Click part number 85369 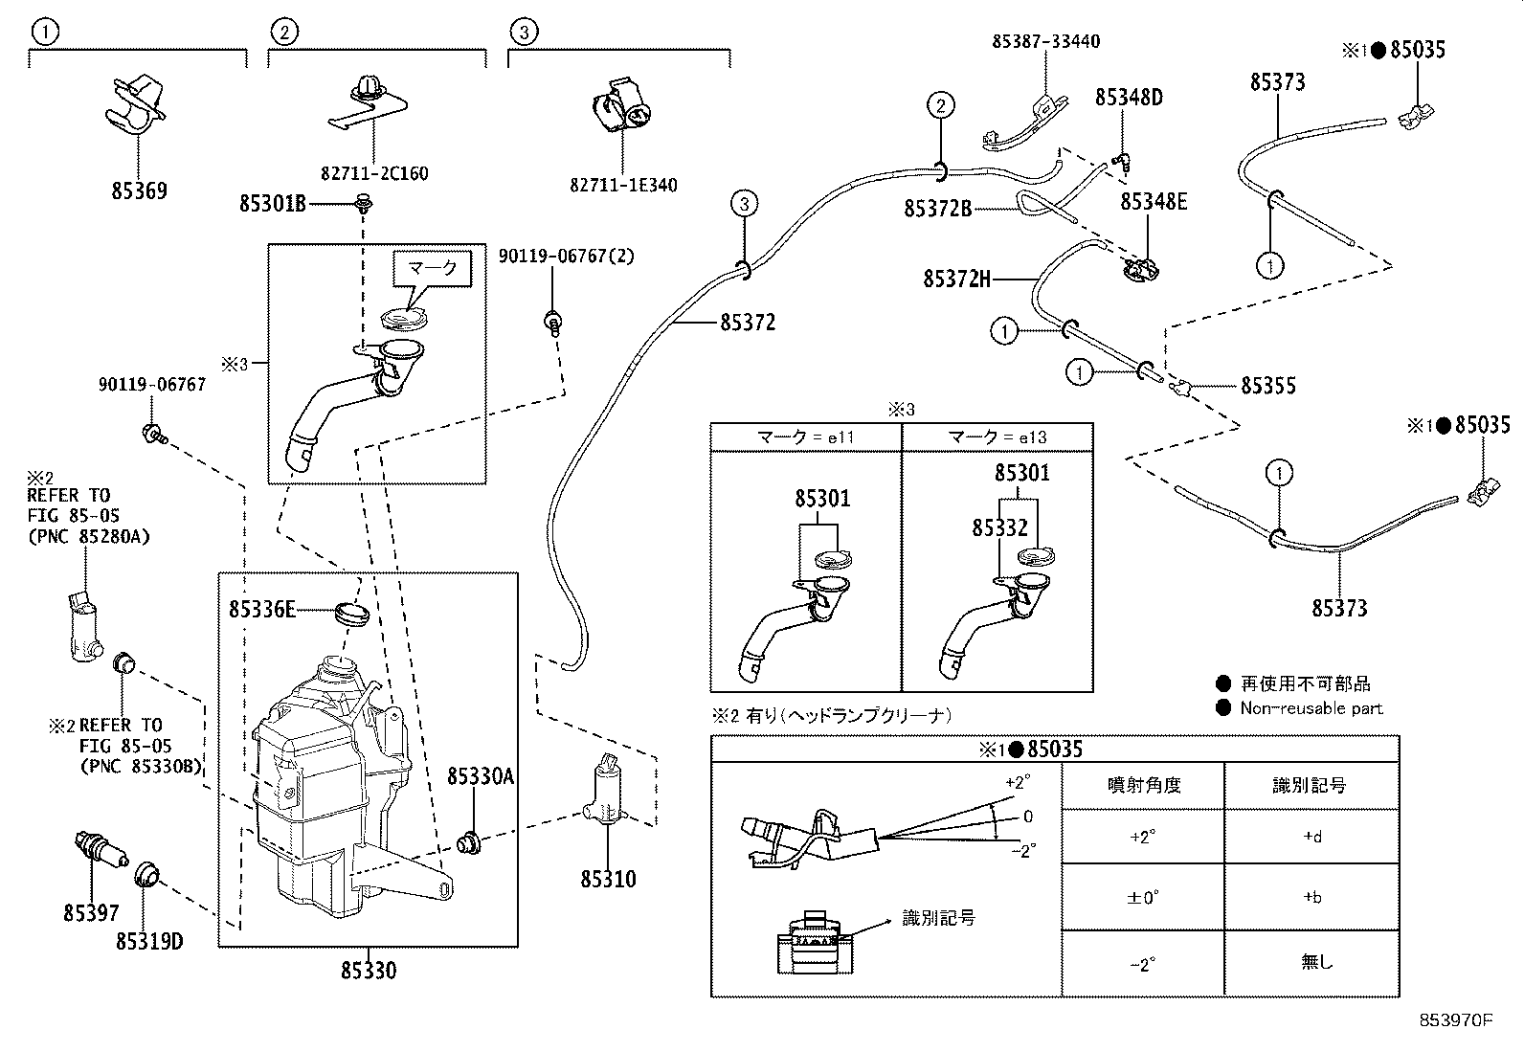(139, 190)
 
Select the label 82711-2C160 (374, 173)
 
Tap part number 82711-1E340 (623, 185)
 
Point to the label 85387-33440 (1045, 41)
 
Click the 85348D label (1129, 98)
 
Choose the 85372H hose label (956, 279)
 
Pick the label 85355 (1268, 386)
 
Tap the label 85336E (262, 609)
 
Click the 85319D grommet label (149, 941)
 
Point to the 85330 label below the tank (368, 971)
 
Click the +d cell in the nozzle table (1312, 837)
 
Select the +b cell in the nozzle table (1312, 897)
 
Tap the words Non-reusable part (1311, 708)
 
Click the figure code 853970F (1455, 1020)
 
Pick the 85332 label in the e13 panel (999, 527)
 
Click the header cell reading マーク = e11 (805, 437)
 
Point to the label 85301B (272, 204)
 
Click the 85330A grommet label (481, 775)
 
